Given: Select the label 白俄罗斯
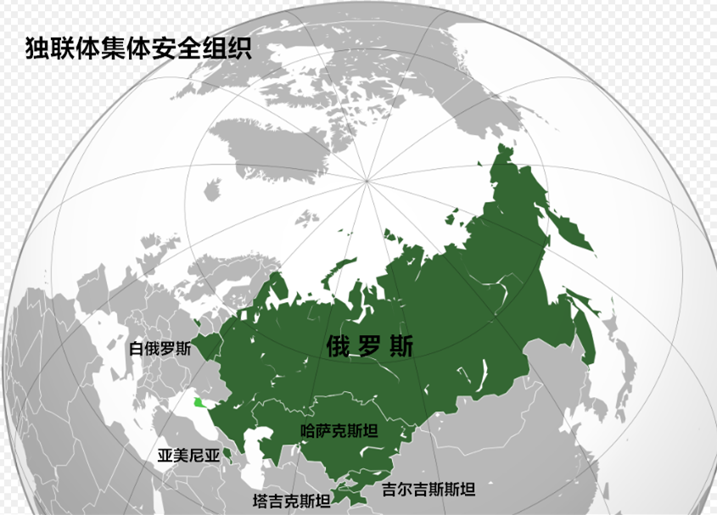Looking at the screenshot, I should [x=160, y=349].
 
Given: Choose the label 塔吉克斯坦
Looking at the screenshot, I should [x=292, y=501].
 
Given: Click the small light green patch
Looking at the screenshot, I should [x=198, y=403].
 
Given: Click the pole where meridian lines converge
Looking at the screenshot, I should [x=367, y=179].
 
